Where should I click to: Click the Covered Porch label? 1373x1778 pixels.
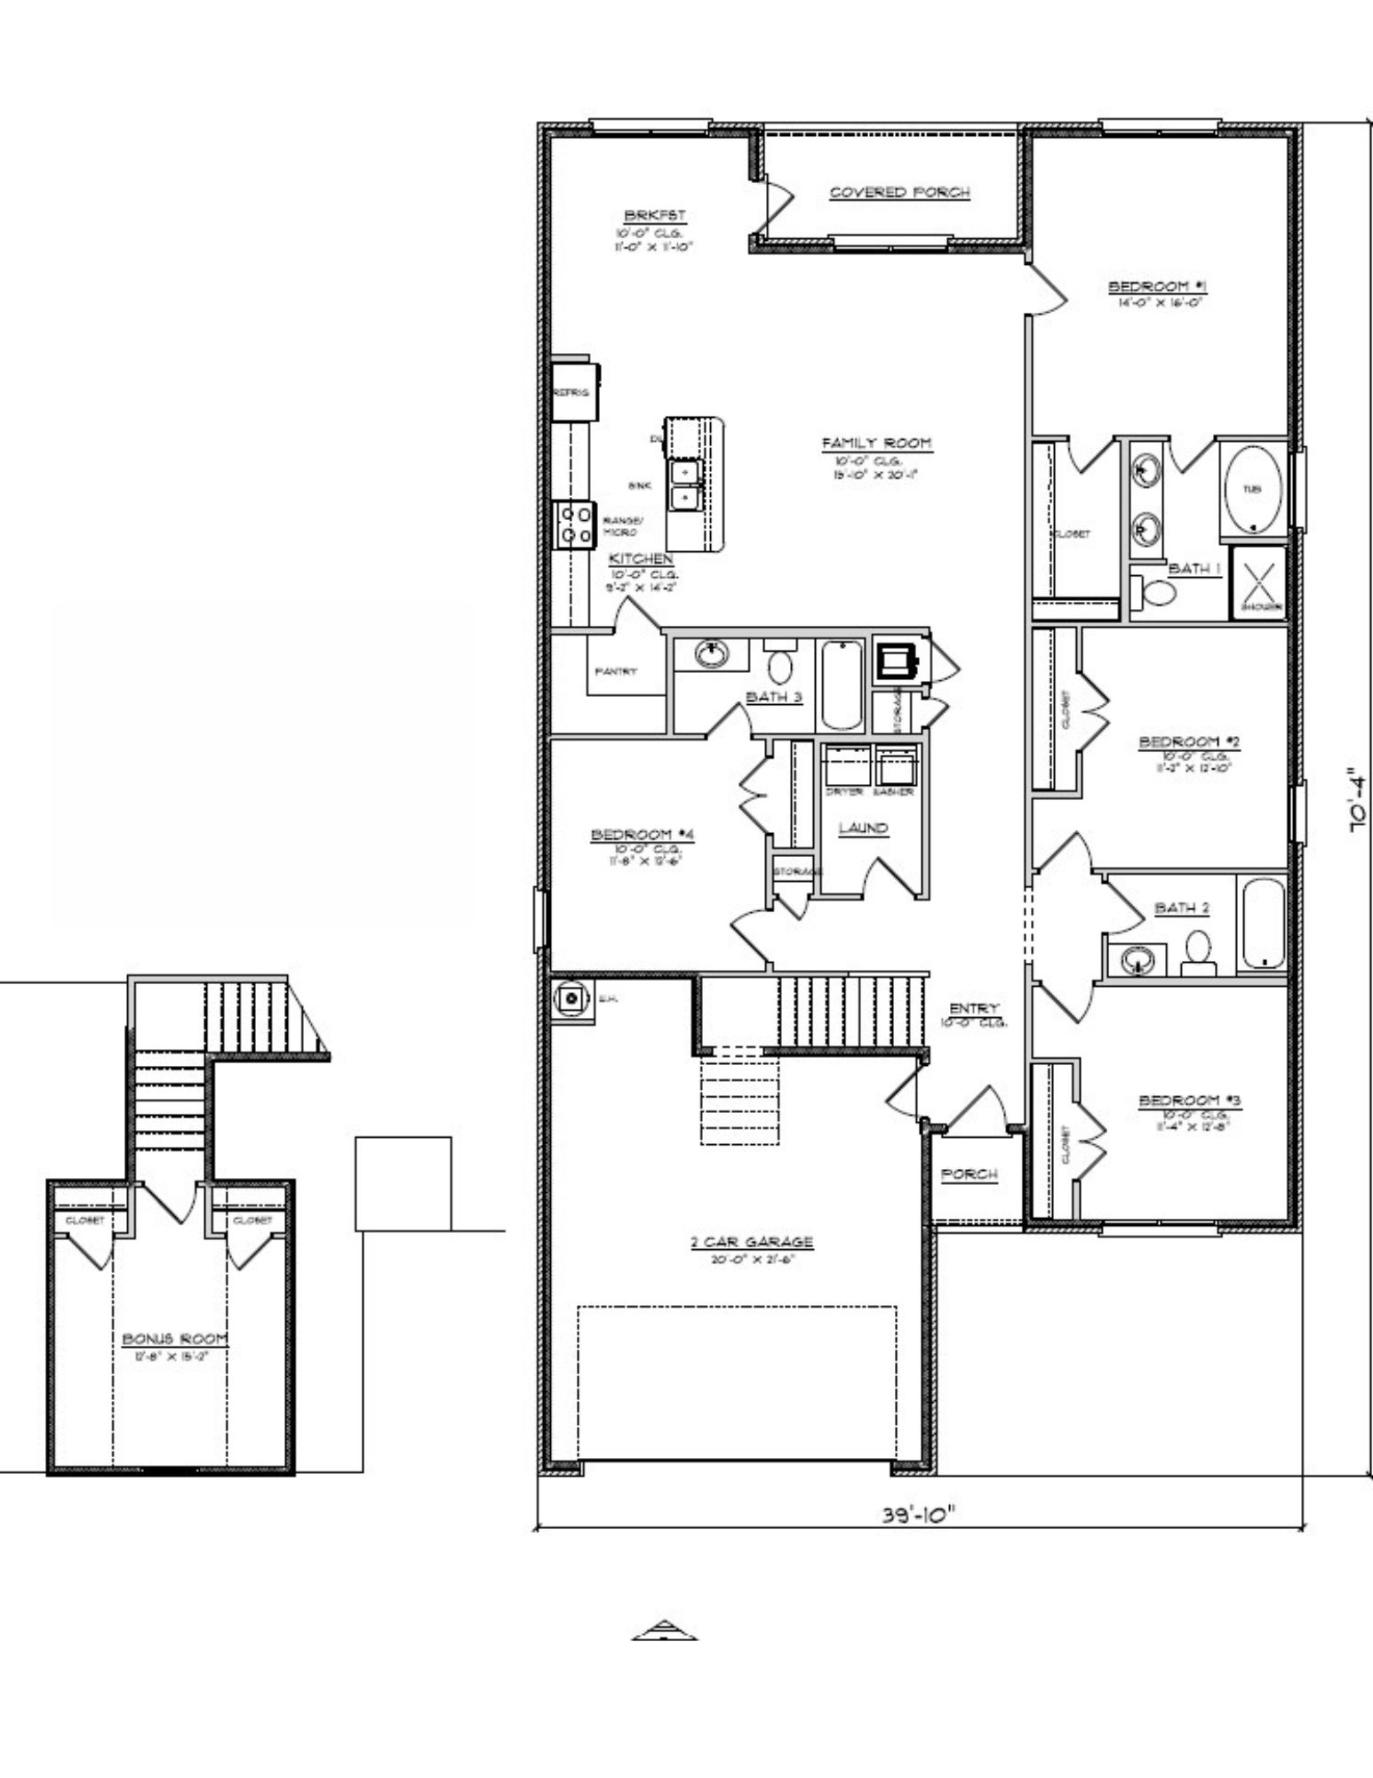899,192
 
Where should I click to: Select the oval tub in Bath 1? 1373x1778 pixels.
1252,490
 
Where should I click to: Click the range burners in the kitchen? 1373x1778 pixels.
573,525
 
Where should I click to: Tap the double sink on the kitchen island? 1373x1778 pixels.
685,485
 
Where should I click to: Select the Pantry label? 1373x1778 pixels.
616,672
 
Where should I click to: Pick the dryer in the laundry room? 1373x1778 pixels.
846,765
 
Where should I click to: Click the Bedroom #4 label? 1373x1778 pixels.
642,835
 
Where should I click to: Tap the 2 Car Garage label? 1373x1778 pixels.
752,1242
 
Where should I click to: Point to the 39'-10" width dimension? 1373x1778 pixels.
920,1514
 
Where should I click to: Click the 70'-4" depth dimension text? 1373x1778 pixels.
1356,800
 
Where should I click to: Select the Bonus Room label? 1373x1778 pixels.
175,1339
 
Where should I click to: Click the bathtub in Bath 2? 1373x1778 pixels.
1263,923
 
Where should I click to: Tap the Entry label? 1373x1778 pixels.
974,1008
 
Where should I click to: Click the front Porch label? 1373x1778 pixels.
969,1174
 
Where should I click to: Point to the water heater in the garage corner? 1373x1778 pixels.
572,999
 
